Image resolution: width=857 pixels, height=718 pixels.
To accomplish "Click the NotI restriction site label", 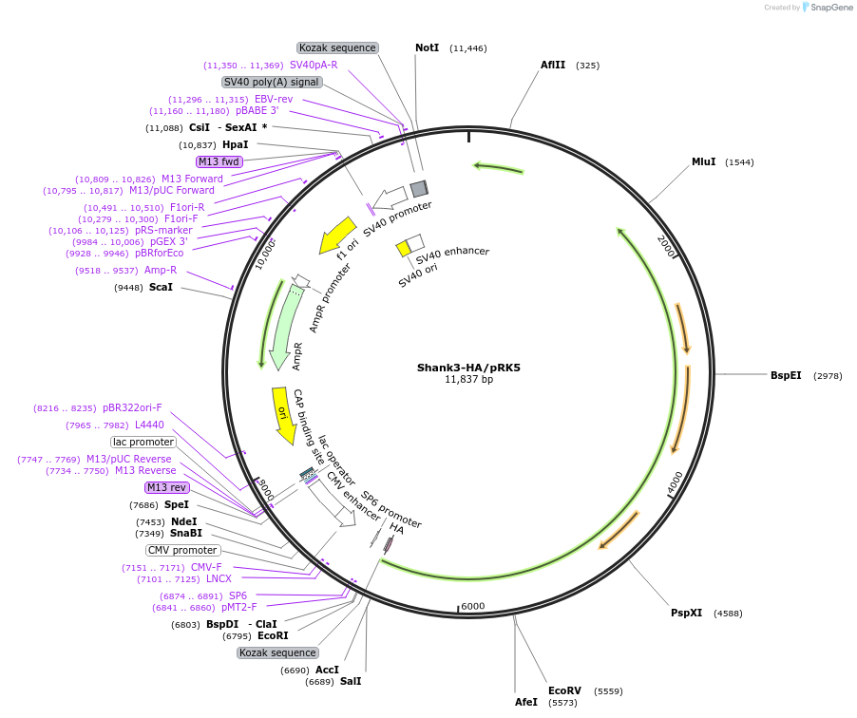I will pyautogui.click(x=428, y=47).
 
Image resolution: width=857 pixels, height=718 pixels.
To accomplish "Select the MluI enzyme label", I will pyautogui.click(x=703, y=162).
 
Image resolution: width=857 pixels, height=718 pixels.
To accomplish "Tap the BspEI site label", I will pyautogui.click(x=786, y=376).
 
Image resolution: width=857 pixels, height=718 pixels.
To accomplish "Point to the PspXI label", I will pyautogui.click(x=686, y=613).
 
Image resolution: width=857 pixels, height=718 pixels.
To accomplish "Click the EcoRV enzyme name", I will pyautogui.click(x=564, y=690).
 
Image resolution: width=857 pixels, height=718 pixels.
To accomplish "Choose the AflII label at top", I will pyautogui.click(x=553, y=66).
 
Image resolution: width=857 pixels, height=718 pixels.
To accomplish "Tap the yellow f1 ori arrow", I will pyautogui.click(x=336, y=236).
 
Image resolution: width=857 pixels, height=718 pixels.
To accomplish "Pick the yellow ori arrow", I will pyautogui.click(x=282, y=414).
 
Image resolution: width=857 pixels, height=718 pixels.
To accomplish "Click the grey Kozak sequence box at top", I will pyautogui.click(x=337, y=47).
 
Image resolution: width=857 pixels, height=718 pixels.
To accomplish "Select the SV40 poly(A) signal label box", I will pyautogui.click(x=272, y=82).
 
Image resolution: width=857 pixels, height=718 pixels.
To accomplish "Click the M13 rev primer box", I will pyautogui.click(x=166, y=487).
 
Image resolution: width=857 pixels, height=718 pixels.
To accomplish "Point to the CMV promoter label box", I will pyautogui.click(x=182, y=550).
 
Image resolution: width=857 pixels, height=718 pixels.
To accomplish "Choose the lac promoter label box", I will pyautogui.click(x=143, y=442).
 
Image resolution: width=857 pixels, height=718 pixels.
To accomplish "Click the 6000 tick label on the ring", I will pyautogui.click(x=472, y=607).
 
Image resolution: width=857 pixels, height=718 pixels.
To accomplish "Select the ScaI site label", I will pyautogui.click(x=161, y=287).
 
